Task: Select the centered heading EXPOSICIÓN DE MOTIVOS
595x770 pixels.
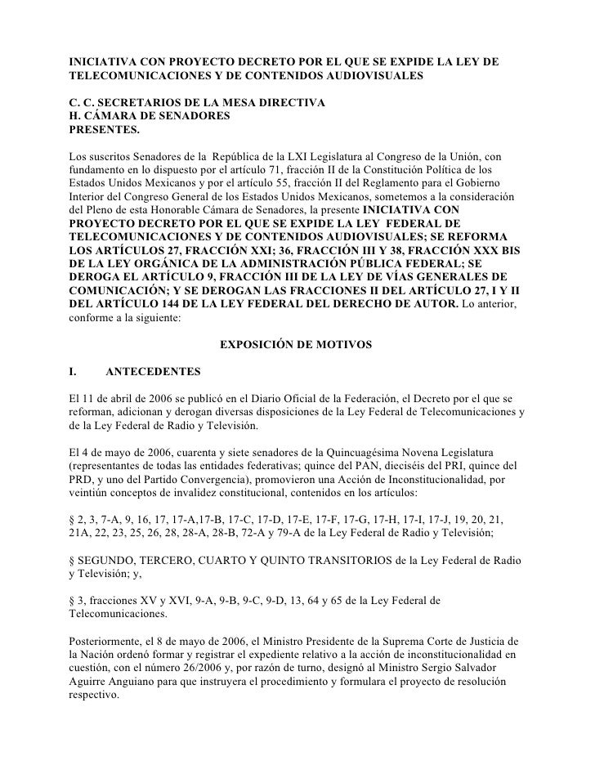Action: tap(296, 346)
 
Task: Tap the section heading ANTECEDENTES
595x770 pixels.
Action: tap(153, 372)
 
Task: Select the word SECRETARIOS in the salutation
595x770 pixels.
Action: tap(127, 105)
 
